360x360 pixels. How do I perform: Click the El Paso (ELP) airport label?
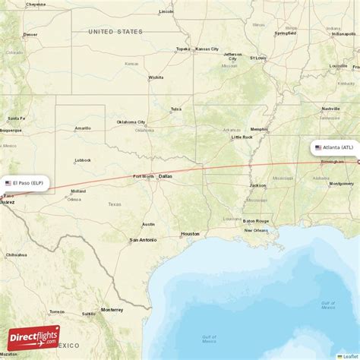[x=26, y=183]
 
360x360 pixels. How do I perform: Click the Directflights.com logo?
[x=44, y=337]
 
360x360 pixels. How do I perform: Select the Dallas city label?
[x=165, y=176]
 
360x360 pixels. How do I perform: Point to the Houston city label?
[x=190, y=233]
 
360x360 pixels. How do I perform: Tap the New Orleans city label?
[x=256, y=230]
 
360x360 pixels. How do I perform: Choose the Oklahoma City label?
[x=131, y=122]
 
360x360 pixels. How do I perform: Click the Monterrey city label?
[x=112, y=309]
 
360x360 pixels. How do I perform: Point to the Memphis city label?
[x=259, y=129]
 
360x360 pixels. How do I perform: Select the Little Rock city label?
[x=242, y=137]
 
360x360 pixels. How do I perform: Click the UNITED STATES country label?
[x=115, y=31]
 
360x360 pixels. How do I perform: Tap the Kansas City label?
[x=207, y=49]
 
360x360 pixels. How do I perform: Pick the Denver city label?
[x=30, y=34]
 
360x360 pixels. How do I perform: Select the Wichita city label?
[x=156, y=77]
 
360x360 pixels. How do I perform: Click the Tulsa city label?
[x=176, y=109]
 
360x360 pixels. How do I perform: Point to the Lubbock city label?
[x=83, y=160]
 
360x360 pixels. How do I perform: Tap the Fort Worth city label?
[x=144, y=176]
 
